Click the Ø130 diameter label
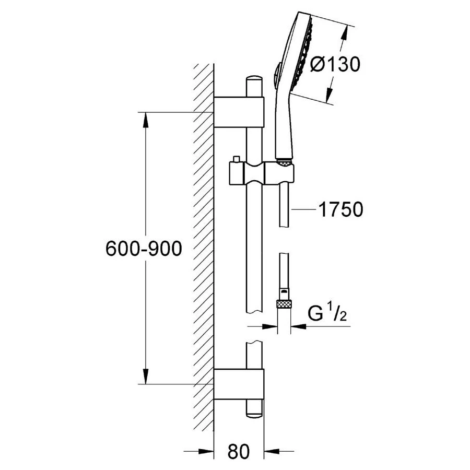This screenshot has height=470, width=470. pyautogui.click(x=335, y=65)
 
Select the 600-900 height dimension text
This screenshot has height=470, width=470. pyautogui.click(x=144, y=249)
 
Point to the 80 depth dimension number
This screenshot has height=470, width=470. pyautogui.click(x=239, y=451)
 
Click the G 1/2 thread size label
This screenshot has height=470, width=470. pyautogui.click(x=325, y=314)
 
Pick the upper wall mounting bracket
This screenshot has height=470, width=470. pyautogui.click(x=239, y=112)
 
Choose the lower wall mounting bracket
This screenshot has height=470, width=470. pyautogui.click(x=239, y=384)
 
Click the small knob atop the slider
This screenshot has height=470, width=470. pyautogui.click(x=236, y=158)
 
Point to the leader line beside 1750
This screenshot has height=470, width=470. pyautogui.click(x=304, y=209)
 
